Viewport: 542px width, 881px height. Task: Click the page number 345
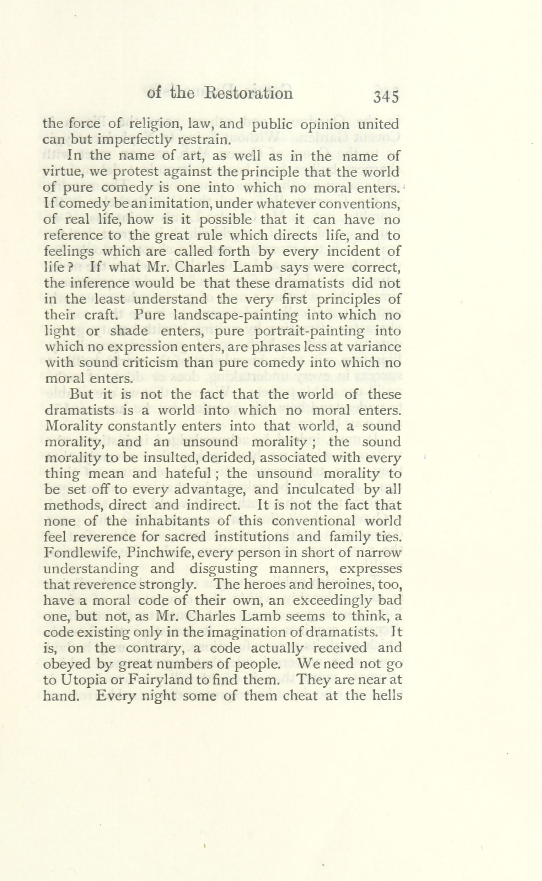386,97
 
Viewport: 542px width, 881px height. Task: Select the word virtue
63,172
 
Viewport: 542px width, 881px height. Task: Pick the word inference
99,283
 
